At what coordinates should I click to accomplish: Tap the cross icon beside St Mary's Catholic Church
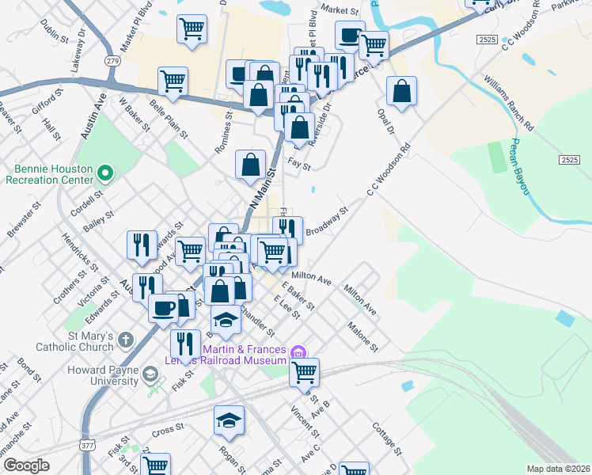(125, 341)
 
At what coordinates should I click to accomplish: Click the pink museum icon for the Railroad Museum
(298, 351)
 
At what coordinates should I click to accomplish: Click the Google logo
(26, 465)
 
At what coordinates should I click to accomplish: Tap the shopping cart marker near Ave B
(304, 370)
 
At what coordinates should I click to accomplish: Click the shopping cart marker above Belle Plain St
(173, 80)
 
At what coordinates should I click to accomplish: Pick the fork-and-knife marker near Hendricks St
(141, 245)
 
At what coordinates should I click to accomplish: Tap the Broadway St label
(327, 218)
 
